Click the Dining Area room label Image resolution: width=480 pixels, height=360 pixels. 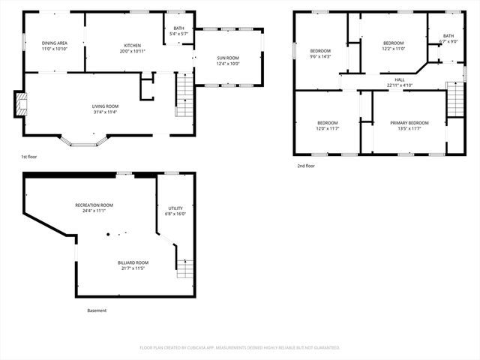point(54,43)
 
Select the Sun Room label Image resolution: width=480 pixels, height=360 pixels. point(228,57)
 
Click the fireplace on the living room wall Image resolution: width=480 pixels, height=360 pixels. point(19,104)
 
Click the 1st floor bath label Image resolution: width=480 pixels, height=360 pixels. point(178,28)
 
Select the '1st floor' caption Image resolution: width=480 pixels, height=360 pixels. point(29,157)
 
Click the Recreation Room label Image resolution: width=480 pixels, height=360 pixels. point(94,205)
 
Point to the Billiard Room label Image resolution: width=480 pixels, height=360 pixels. point(133,262)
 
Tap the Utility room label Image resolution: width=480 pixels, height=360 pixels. point(175,208)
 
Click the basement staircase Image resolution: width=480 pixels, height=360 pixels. point(184,268)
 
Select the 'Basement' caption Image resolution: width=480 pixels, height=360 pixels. point(97,310)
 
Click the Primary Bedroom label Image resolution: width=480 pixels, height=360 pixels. point(409,122)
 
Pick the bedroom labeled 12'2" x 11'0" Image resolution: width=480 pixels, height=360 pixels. point(394,43)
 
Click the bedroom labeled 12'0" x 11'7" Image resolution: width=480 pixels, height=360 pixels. point(327,122)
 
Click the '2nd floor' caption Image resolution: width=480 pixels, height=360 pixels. point(305,165)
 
